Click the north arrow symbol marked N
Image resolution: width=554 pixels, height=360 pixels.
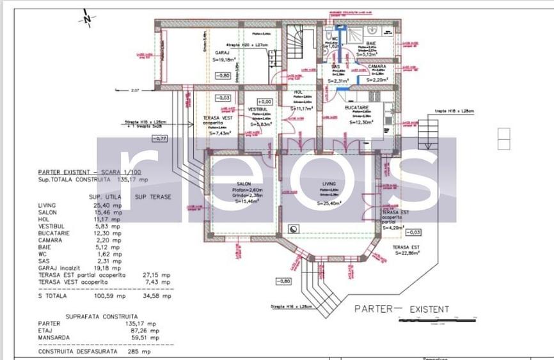(87, 19)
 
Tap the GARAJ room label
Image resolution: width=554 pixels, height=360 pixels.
(222, 52)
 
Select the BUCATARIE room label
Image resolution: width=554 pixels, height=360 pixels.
(357, 108)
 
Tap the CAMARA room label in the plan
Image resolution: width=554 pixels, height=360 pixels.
(376, 66)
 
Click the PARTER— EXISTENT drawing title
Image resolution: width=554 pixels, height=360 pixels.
(402, 309)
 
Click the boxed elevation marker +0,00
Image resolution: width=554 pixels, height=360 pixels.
(265, 102)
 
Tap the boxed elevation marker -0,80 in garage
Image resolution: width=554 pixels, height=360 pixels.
(223, 75)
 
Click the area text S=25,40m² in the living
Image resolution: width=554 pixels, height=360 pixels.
(329, 203)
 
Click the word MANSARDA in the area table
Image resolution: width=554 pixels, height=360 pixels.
(54, 338)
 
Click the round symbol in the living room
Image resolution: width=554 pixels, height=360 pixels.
(294, 228)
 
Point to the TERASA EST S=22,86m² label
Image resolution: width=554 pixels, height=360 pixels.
(405, 249)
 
